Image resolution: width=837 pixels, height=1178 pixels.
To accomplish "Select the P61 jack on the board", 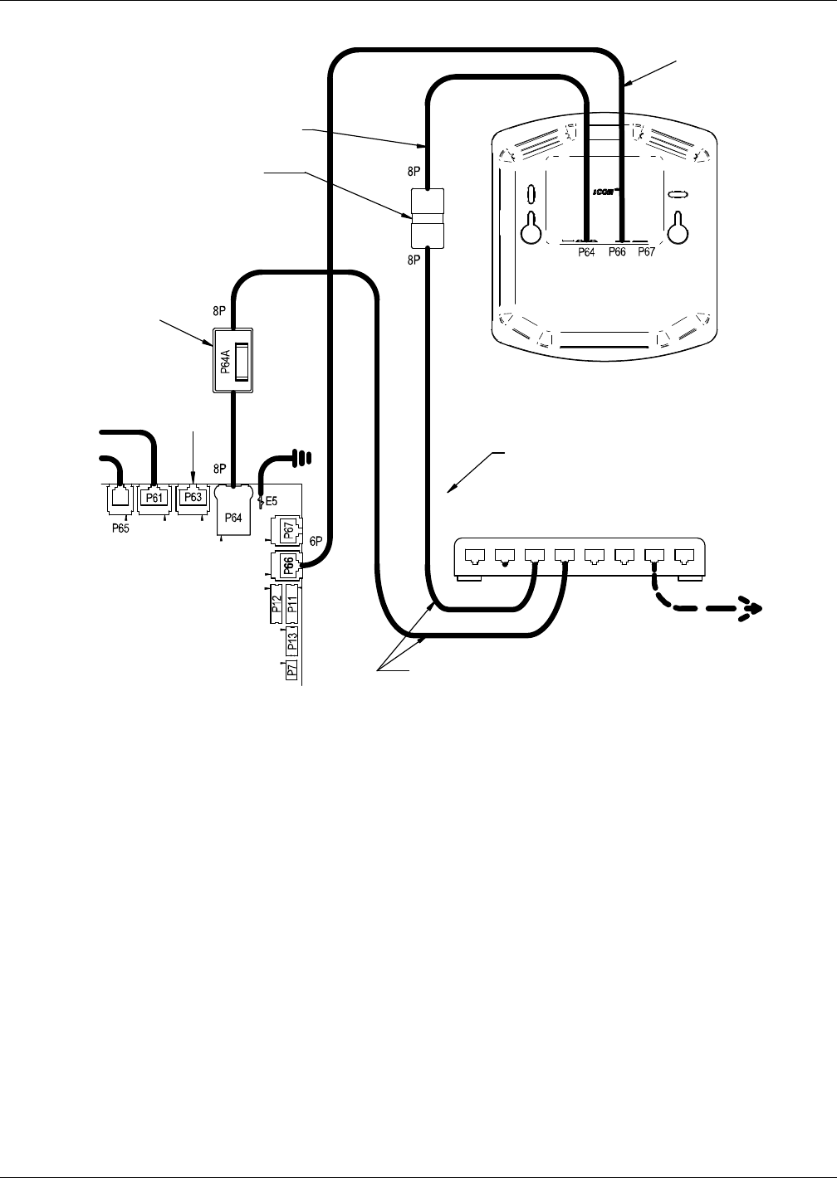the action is [153, 498].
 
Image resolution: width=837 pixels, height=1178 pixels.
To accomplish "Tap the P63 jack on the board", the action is [193, 498].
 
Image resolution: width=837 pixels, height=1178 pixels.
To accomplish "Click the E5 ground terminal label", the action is [272, 502].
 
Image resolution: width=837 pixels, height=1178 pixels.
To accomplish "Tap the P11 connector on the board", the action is [292, 607].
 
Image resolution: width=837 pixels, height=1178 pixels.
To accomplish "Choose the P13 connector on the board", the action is [291, 642].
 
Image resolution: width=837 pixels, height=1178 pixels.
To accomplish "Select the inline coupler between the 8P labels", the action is [428, 218].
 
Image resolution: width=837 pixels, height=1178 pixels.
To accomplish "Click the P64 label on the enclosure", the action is [588, 253].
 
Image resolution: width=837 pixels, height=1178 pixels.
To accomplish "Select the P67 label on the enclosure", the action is [646, 253].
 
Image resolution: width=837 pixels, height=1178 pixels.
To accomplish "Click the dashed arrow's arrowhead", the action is [753, 609].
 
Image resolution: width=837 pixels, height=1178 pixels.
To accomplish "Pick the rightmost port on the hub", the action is [686, 554].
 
